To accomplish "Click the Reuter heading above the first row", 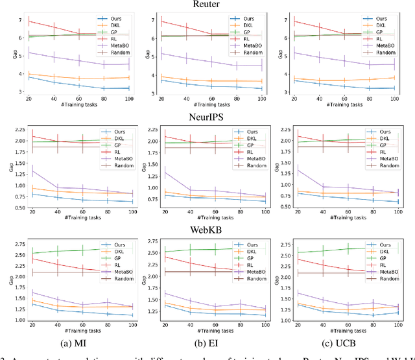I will click(x=206, y=5).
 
